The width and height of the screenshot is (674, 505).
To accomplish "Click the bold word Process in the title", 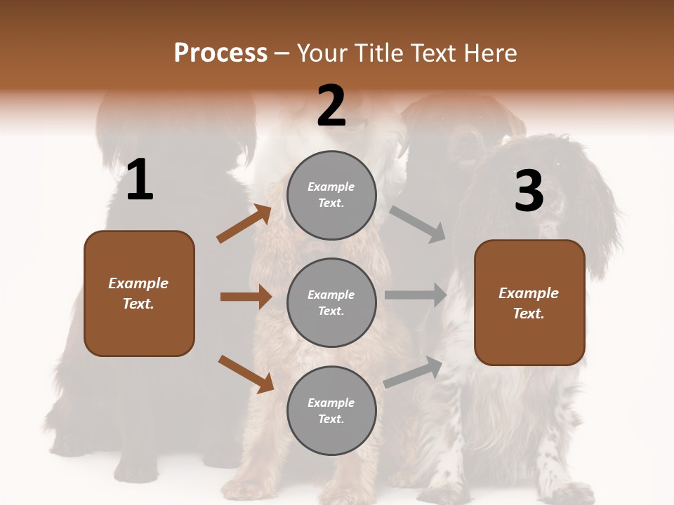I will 220,53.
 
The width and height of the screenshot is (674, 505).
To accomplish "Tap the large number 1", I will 140,180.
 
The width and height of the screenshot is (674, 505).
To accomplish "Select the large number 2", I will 331,106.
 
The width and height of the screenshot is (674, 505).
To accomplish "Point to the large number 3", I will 529,191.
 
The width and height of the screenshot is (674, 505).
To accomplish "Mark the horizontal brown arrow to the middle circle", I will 246,297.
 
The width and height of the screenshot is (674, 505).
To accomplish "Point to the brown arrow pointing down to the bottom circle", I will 246,374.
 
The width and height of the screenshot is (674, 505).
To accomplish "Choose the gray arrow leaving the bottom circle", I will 414,372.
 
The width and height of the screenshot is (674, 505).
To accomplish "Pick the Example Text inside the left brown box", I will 138,293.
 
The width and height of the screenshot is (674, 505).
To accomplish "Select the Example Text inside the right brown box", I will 529,303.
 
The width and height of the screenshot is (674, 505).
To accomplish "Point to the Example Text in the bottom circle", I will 331,410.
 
